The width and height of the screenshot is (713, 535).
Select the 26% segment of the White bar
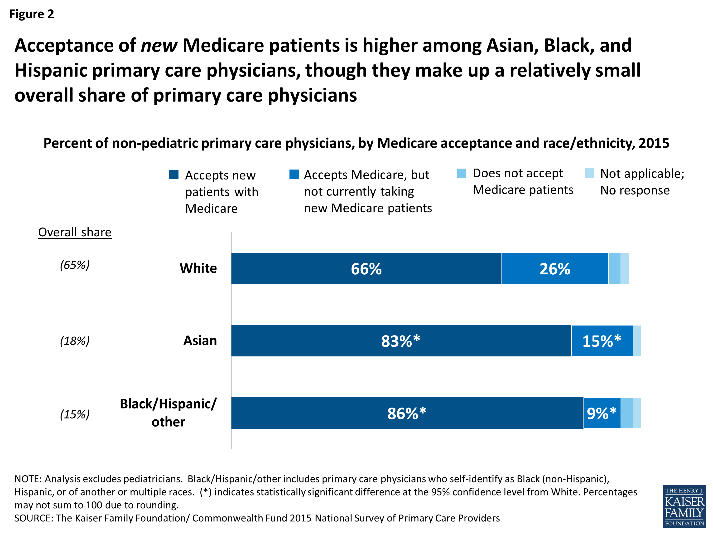pyautogui.click(x=555, y=269)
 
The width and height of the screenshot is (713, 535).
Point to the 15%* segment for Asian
pyautogui.click(x=602, y=341)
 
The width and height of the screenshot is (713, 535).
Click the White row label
pyautogui.click(x=198, y=268)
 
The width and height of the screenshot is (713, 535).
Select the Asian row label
pyautogui.click(x=200, y=340)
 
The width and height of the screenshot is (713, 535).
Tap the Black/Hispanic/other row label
pyautogui.click(x=168, y=413)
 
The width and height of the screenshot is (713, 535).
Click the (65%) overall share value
pyautogui.click(x=74, y=265)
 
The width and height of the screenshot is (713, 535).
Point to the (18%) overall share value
pyautogui.click(x=74, y=341)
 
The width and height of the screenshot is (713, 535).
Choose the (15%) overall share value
pyautogui.click(x=74, y=414)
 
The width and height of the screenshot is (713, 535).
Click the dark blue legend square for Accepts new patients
pyautogui.click(x=174, y=175)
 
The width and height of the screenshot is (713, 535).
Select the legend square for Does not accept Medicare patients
pyautogui.click(x=461, y=173)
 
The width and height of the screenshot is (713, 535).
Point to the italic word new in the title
pyautogui.click(x=159, y=45)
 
